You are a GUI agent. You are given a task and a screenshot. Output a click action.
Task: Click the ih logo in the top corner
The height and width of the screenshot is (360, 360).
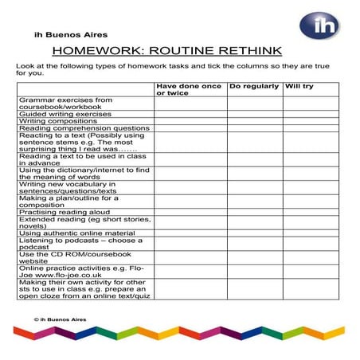click(x=319, y=25)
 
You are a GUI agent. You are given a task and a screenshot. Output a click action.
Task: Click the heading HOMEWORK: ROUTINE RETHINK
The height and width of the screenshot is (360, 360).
click(x=180, y=50)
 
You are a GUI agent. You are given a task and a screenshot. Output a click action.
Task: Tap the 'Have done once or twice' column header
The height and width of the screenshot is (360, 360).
click(x=189, y=89)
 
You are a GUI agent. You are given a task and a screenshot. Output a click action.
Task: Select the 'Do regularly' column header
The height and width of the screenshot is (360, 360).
click(x=254, y=85)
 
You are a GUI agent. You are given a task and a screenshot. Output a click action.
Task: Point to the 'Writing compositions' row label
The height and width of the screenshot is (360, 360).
click(x=61, y=121)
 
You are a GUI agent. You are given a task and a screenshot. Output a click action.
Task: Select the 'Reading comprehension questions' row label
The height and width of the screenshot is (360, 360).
click(x=84, y=128)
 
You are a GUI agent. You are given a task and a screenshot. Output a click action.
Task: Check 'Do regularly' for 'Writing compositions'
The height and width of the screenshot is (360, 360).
click(x=255, y=121)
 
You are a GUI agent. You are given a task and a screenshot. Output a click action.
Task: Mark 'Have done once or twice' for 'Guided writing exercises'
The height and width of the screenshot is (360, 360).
click(x=190, y=114)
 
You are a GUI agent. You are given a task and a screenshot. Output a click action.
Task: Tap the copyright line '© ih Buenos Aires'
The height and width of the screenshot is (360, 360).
click(x=60, y=319)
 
